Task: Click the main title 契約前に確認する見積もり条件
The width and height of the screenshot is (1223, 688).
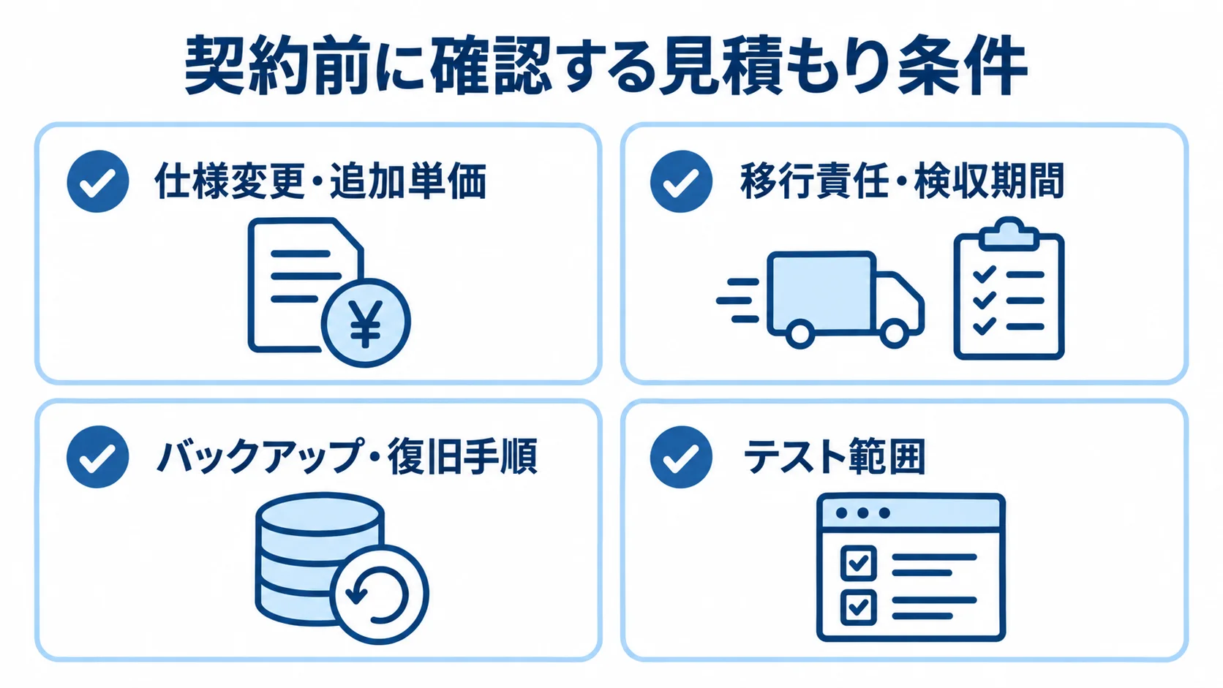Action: click(x=606, y=67)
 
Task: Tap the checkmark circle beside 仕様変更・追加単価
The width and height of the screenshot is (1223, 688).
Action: click(x=98, y=181)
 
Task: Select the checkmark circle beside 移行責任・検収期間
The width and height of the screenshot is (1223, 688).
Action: click(x=681, y=181)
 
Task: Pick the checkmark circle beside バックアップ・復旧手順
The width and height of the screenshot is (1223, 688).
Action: click(x=98, y=457)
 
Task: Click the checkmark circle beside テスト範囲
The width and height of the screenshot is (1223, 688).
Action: click(x=681, y=457)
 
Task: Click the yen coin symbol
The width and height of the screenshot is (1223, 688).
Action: click(x=365, y=323)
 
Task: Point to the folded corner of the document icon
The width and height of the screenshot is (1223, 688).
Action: click(x=347, y=235)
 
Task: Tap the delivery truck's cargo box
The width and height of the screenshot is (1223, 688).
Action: click(x=821, y=292)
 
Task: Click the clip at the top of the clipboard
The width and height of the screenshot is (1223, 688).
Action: click(x=1009, y=233)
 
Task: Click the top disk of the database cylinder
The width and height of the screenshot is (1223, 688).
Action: click(x=320, y=515)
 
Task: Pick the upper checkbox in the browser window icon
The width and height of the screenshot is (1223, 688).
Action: click(x=858, y=562)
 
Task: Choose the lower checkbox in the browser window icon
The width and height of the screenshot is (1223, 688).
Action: click(x=858, y=607)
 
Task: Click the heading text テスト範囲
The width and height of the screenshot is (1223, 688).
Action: click(x=835, y=456)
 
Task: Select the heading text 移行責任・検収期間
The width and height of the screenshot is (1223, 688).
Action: click(x=902, y=181)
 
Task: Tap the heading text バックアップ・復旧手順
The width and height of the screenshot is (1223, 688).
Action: click(x=347, y=456)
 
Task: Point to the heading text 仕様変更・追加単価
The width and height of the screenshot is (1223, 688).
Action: click(x=320, y=181)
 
